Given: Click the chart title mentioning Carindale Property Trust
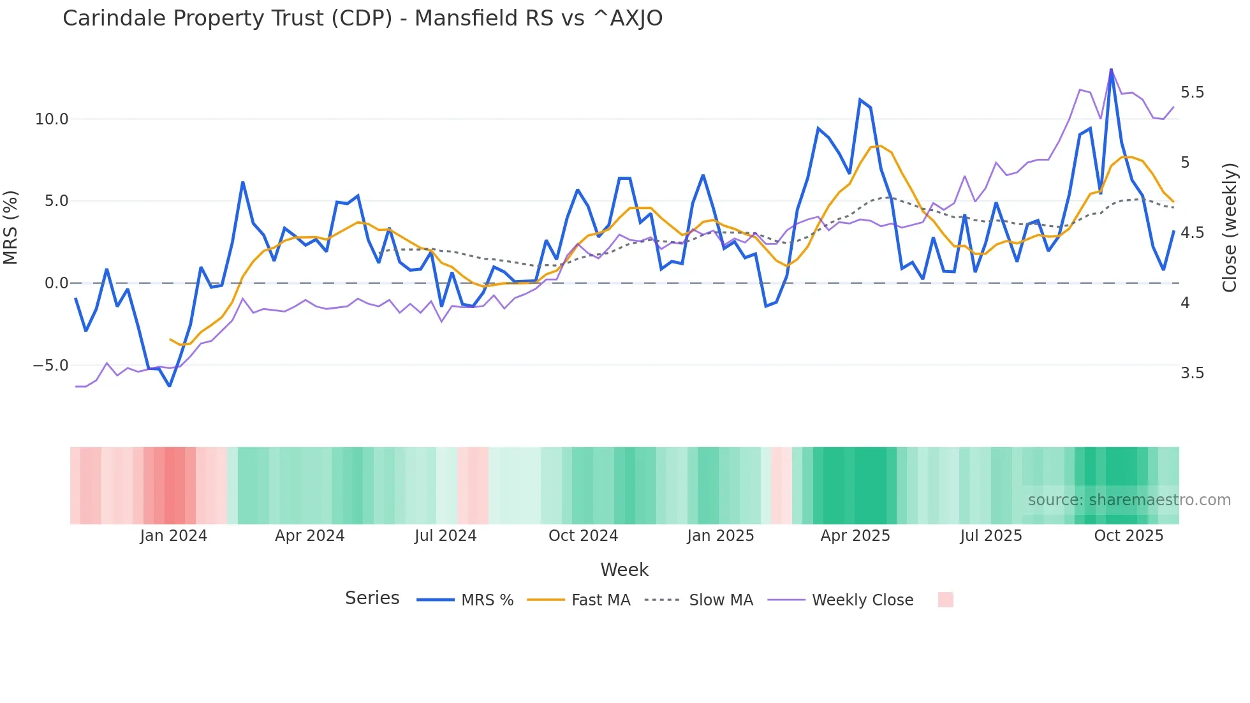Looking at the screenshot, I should (x=362, y=18).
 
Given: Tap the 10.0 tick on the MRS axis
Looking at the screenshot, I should (x=51, y=119).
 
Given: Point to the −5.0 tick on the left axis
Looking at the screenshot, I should (x=50, y=366).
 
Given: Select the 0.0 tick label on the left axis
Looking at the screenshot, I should (x=55, y=283).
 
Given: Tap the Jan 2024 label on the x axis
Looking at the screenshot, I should (x=173, y=536).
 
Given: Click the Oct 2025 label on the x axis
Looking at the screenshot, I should (x=1128, y=536).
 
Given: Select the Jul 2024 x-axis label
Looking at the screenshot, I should (x=445, y=536).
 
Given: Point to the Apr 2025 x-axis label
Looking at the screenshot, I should (x=855, y=536).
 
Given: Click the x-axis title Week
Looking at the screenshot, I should (x=624, y=570).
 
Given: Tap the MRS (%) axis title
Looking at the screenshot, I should (x=11, y=227).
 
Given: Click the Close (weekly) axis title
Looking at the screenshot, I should (x=1229, y=228).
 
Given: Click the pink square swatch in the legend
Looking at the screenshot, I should (x=945, y=600).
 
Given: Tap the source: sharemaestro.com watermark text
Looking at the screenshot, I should (x=1129, y=500).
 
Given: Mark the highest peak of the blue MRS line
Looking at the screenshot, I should (x=1111, y=70).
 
